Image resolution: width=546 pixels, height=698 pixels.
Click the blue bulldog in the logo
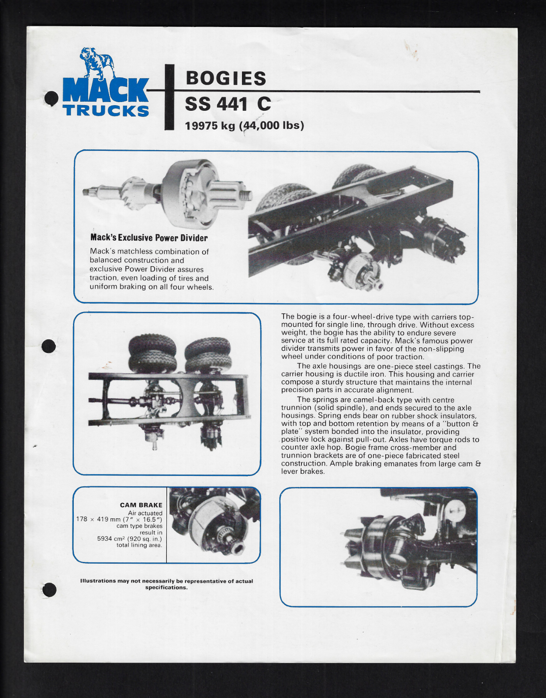[97, 63]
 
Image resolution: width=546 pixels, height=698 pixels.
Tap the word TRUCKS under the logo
[106, 110]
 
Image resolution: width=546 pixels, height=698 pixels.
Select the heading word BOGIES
[226, 79]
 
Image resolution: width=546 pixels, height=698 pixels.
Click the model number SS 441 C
[228, 104]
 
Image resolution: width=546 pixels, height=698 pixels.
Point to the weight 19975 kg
[210, 126]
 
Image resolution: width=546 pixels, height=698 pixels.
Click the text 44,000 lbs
[273, 126]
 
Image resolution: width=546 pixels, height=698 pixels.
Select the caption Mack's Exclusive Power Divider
[149, 238]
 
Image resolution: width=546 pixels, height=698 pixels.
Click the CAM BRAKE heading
[141, 505]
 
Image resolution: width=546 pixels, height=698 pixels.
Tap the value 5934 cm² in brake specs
[111, 539]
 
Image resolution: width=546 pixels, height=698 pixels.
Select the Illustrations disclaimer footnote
[166, 584]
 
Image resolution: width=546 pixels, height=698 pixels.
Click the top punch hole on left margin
[52, 98]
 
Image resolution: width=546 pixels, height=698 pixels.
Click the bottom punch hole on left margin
[49, 589]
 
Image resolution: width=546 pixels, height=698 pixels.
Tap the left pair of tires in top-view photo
[152, 352]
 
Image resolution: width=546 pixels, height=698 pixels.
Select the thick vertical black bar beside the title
[169, 97]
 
